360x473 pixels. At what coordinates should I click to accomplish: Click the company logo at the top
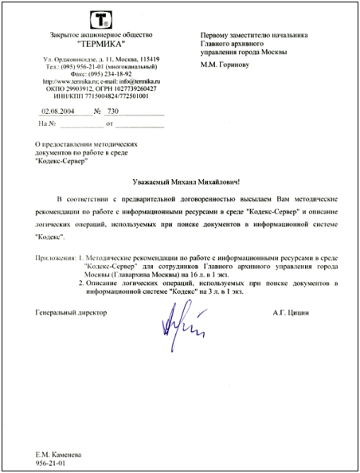pos(101,18)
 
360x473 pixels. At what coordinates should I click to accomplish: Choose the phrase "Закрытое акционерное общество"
pos(100,34)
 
